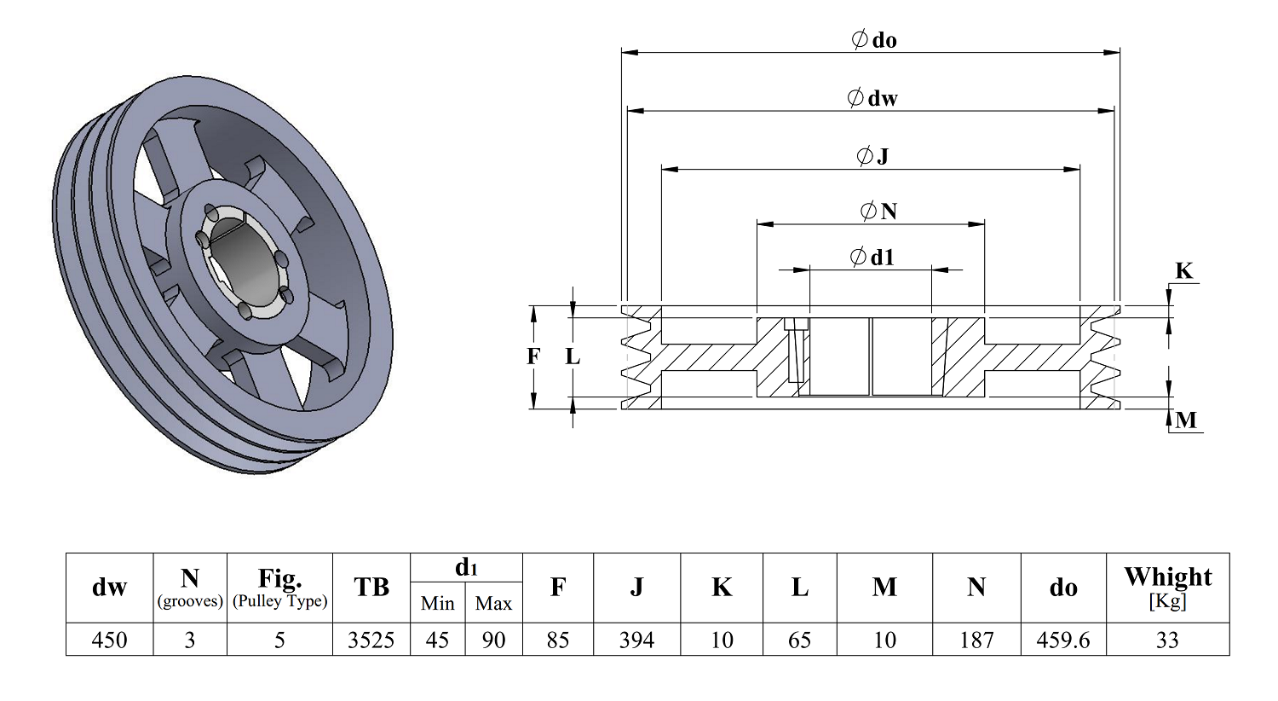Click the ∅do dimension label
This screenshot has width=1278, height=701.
[873, 40]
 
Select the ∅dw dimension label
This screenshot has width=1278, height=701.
[872, 98]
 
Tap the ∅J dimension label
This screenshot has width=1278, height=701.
[872, 155]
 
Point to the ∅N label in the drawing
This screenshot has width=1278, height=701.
[878, 211]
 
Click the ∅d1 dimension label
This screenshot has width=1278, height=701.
[872, 258]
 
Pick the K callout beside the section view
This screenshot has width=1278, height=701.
[1184, 270]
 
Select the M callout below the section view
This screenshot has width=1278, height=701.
[1186, 420]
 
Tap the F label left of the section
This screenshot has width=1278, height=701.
[532, 356]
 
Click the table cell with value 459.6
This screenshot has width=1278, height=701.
[1063, 640]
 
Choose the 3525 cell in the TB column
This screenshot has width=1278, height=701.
[371, 640]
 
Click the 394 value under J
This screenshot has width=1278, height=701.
[636, 640]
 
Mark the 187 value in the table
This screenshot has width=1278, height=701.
[976, 640]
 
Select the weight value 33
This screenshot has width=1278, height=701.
[1167, 640]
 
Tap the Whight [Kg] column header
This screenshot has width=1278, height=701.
[1168, 588]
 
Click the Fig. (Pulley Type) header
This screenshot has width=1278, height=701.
[279, 588]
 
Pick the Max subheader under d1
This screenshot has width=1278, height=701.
[493, 603]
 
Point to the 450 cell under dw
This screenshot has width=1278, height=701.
[109, 640]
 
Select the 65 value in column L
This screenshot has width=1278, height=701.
[799, 640]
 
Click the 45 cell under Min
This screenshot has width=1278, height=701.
[437, 640]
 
